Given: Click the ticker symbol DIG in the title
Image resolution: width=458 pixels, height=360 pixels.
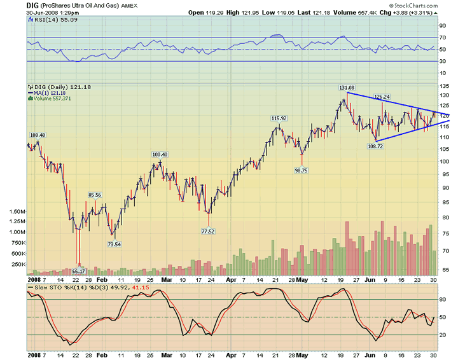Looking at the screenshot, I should (32, 4).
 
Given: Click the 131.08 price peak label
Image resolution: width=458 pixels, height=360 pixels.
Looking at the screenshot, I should (347, 87).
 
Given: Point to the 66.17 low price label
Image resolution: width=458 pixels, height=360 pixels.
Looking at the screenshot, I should (78, 271).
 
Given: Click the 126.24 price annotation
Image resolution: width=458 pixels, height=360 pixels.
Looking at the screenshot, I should (381, 97).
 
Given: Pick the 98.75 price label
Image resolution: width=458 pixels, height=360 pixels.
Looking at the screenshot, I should (301, 170).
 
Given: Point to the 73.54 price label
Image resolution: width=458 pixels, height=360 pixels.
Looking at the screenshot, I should (113, 244).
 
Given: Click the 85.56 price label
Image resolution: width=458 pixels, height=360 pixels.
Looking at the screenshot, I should (94, 195).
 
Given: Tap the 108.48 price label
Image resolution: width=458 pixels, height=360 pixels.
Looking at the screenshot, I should (38, 135).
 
